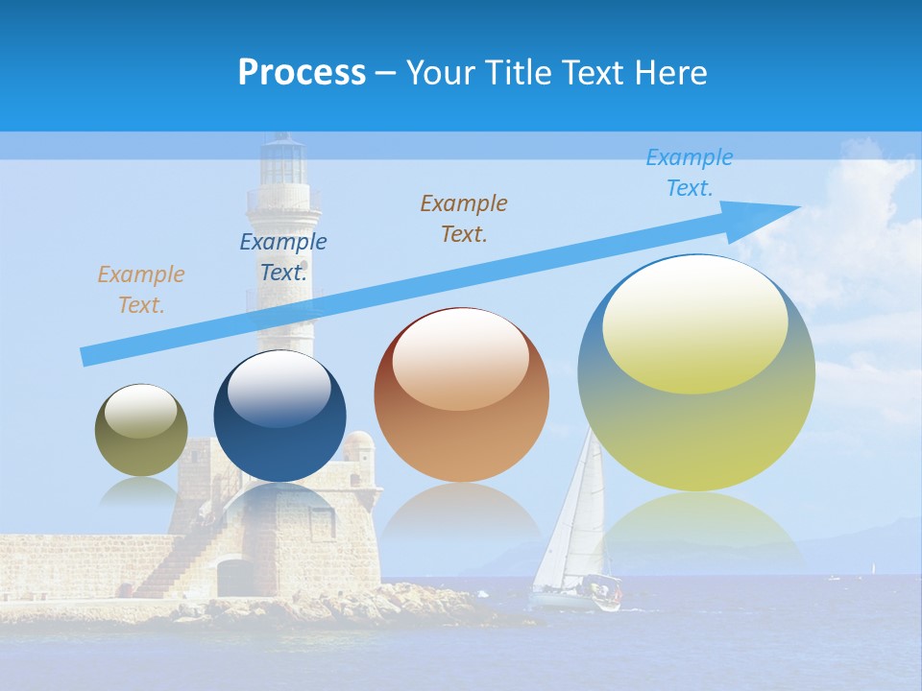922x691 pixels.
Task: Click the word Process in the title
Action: click(302, 73)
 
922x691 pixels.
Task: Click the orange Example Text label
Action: click(141, 290)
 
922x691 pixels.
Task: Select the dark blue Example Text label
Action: click(283, 257)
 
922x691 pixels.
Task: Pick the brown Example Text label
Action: click(464, 218)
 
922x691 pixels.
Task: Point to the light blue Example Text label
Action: click(690, 173)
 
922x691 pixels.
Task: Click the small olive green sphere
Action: click(141, 430)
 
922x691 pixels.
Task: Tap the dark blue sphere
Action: click(279, 417)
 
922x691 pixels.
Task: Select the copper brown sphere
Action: click(461, 395)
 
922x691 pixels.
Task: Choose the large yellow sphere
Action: click(696, 372)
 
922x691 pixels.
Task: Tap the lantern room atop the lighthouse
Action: click(283, 161)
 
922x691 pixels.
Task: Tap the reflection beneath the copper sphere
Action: click(461, 523)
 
